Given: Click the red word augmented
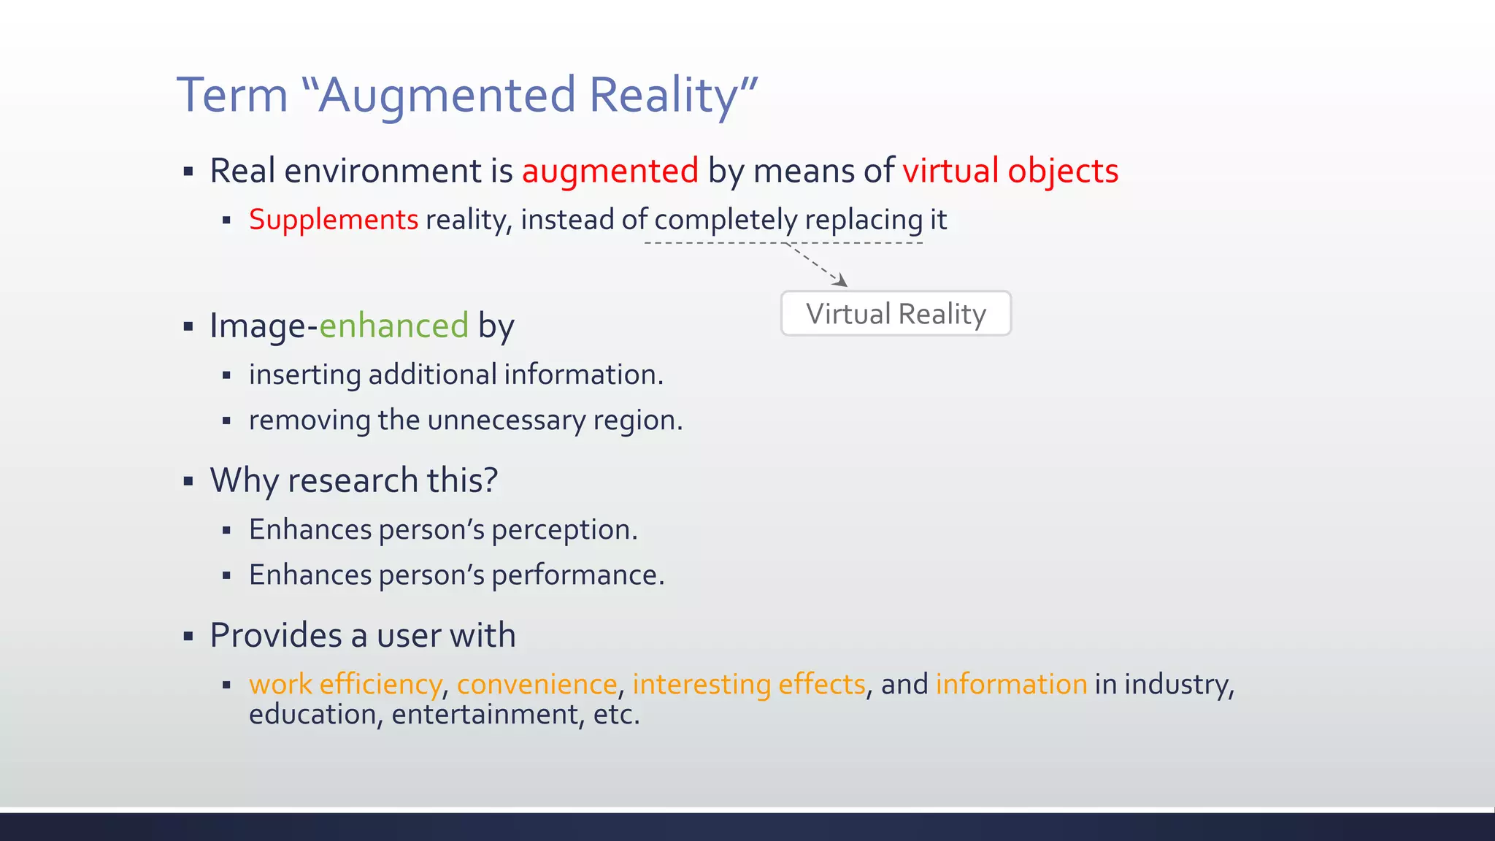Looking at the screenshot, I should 610,172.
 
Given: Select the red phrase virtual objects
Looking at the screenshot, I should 1010,172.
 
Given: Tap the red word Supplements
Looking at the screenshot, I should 334,220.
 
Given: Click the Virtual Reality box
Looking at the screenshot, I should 896,314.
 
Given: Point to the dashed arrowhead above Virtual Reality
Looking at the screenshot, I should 842,281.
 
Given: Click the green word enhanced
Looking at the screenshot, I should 393,326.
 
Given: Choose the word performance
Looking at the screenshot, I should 577,576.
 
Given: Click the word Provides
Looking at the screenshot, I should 274,635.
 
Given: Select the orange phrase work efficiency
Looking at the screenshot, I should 345,685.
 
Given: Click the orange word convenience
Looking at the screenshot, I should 537,685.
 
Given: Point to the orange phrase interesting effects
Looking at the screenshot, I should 749,685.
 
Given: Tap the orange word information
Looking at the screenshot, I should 1011,685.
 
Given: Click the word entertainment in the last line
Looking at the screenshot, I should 488,715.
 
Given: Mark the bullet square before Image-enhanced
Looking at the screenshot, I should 188,326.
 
